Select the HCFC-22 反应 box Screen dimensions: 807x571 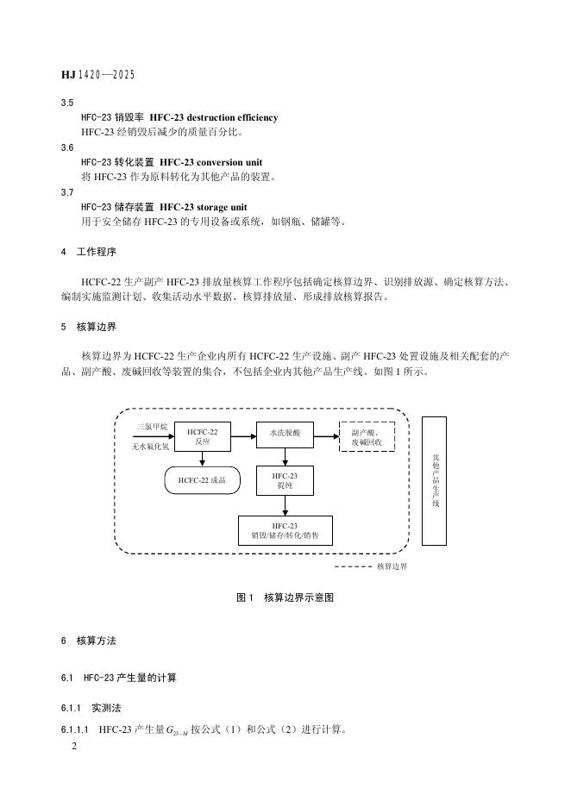[203, 435]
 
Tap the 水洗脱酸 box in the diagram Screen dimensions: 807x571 [285, 435]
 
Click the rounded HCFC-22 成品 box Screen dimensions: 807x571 [202, 480]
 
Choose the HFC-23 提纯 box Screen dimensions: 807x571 [285, 480]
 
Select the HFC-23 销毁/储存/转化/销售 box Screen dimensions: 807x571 [285, 530]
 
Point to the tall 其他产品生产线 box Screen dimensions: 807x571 [435, 480]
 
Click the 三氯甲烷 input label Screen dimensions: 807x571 [152, 427]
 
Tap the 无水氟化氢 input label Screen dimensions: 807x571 [151, 447]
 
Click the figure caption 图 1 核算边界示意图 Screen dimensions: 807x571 [285, 597]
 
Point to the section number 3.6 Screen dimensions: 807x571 [67, 147]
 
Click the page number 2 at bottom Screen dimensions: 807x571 [74, 748]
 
